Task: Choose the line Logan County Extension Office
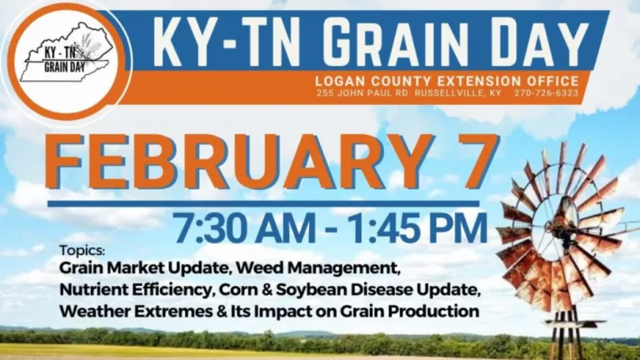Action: click(447, 80)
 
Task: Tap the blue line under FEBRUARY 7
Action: click(263, 202)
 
